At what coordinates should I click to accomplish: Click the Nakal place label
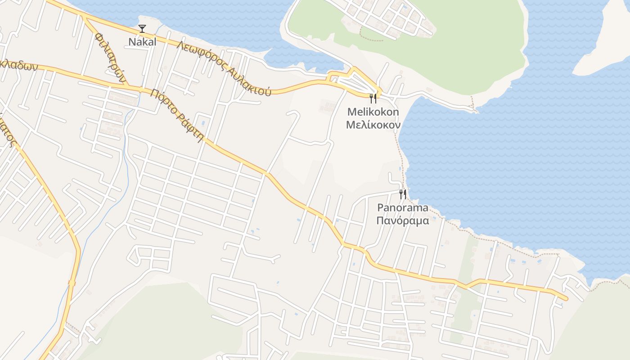pos(142,42)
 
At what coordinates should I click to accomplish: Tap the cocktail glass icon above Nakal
pos(142,29)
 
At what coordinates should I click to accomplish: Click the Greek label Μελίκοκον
pos(373,124)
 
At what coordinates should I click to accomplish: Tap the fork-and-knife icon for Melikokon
pos(373,98)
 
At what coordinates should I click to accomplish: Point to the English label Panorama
pos(402,208)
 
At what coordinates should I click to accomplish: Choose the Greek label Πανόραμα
pos(402,220)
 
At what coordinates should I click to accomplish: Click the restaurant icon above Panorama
pos(402,194)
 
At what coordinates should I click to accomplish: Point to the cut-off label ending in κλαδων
pos(18,65)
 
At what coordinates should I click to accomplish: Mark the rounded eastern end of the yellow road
pos(565,298)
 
